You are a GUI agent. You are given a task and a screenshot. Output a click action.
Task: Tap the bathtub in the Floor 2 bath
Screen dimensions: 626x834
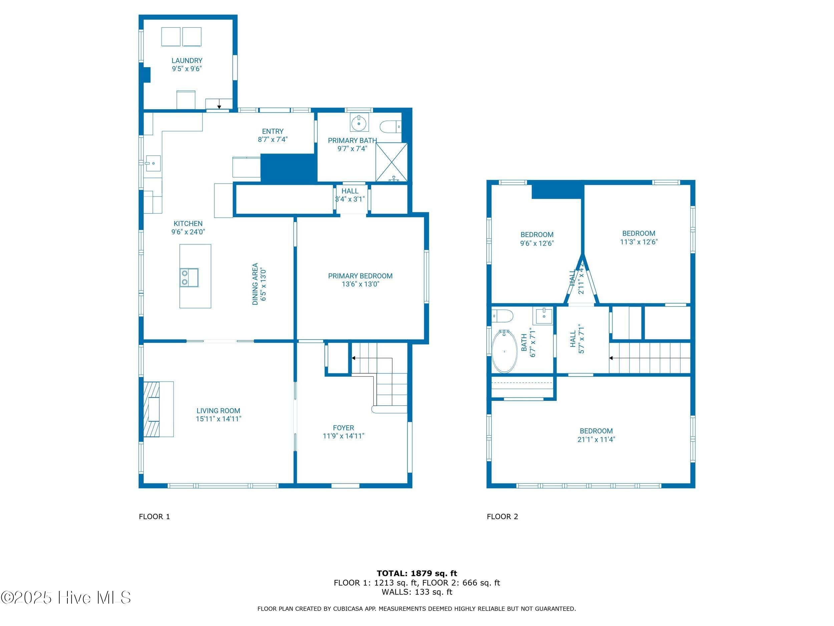(504, 351)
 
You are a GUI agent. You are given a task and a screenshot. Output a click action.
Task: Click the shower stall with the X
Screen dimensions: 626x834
(391, 162)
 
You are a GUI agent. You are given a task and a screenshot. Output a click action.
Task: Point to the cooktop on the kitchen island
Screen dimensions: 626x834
(189, 278)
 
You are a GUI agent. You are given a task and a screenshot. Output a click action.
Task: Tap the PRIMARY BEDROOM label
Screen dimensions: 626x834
(360, 276)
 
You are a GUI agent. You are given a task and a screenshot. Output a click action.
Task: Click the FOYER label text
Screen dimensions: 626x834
(343, 428)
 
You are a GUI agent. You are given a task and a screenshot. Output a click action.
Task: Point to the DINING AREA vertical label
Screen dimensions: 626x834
(255, 284)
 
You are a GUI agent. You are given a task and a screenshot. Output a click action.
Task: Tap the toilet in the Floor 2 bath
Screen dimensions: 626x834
(503, 316)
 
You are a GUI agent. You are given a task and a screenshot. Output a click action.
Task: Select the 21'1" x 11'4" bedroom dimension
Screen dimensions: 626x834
(596, 439)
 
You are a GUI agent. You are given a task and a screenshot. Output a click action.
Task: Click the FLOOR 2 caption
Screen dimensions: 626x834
(502, 516)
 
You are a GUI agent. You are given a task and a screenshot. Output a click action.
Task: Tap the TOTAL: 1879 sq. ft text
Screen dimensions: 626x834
(417, 574)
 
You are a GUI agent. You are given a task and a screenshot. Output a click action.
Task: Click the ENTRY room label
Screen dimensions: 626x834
(273, 131)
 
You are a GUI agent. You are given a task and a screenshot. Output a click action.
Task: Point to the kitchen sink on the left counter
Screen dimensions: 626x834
(153, 163)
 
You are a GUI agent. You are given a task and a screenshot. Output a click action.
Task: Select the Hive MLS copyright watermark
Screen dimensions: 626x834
(66, 598)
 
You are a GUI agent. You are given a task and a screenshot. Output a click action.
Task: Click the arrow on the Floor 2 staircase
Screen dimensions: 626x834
(611, 358)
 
